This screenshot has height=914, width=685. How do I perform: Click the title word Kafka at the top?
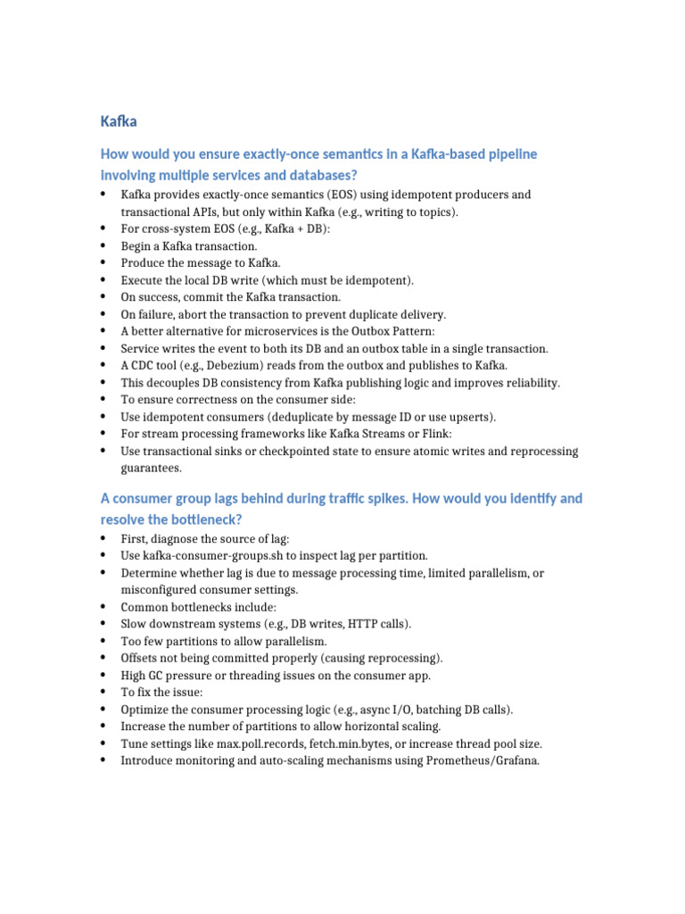pos(119,120)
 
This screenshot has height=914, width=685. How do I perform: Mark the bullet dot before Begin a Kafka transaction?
pos(104,245)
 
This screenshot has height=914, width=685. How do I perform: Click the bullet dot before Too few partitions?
pos(104,641)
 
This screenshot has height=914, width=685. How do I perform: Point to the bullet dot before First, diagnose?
pos(104,538)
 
